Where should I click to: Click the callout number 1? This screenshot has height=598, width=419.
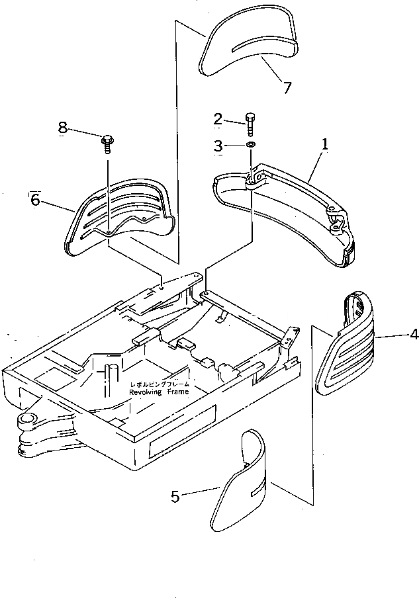click(325, 143)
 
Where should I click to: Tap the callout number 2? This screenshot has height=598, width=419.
click(218, 119)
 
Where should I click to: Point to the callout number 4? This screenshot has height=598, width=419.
click(414, 335)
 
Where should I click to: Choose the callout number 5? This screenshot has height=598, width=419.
click(175, 496)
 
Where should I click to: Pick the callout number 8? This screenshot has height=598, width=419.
click(63, 128)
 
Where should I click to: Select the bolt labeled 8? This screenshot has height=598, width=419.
click(106, 142)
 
